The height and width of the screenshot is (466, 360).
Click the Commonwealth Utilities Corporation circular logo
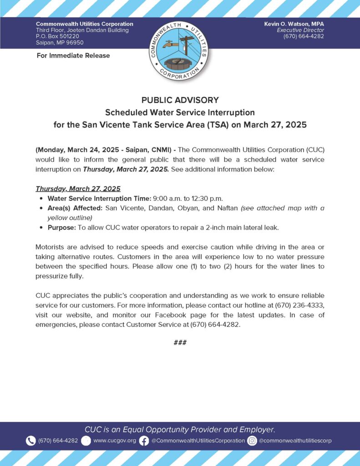[x=180, y=51]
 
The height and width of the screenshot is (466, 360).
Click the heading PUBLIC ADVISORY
[x=180, y=100]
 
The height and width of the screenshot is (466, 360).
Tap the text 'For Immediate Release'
[x=73, y=56]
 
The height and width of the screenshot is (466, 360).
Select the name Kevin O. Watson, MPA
[x=294, y=24]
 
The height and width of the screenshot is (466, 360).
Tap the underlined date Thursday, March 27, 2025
[x=78, y=188]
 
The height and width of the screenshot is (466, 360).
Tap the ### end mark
[x=180, y=342]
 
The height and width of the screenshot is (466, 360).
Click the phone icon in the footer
[x=30, y=441]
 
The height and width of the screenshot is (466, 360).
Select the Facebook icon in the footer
[x=144, y=441]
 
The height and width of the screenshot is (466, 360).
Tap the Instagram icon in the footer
[x=252, y=441]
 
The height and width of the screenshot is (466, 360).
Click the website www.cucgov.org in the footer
[x=114, y=441]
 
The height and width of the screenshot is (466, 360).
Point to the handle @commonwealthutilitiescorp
[x=295, y=441]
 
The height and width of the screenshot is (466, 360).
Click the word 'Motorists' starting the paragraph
[x=51, y=247]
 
